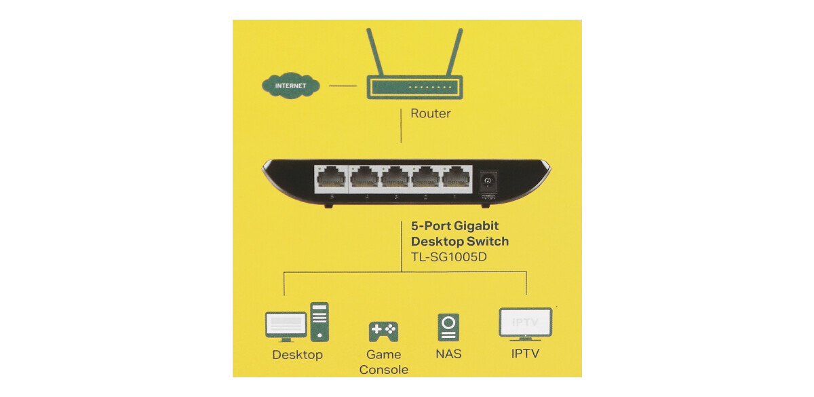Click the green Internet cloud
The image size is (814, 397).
coord(290,86)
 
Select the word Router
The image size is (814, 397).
coord(430,113)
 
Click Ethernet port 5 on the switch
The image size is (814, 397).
coord(331,178)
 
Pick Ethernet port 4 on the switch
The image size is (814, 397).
coord(366,178)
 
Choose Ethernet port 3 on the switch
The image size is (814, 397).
coord(396,178)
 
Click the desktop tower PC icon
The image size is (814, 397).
coord(319,321)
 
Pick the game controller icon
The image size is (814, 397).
coord(383,331)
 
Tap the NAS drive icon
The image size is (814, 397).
coord(448,327)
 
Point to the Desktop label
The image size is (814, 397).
coord(297,355)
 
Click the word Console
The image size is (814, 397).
coord(383,370)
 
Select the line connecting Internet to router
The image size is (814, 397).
coord(343,86)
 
